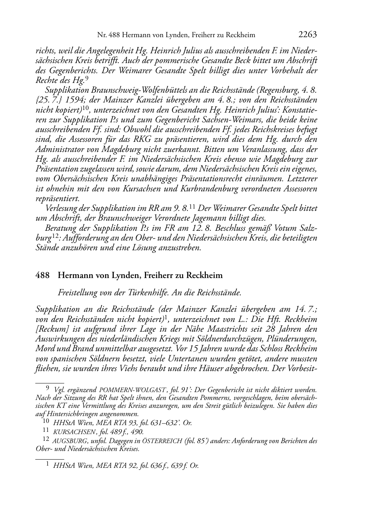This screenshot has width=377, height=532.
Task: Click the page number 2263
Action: point(308,35)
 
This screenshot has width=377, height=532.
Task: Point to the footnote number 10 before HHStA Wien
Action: point(47,423)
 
